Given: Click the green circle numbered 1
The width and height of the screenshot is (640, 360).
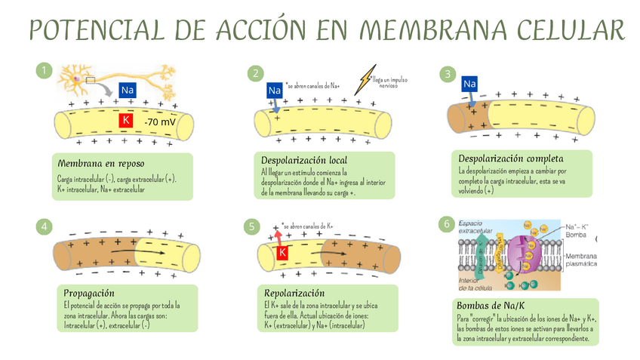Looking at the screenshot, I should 45,71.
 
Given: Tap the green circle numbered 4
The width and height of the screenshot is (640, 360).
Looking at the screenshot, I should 45,226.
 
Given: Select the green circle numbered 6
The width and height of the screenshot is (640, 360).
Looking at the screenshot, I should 447,223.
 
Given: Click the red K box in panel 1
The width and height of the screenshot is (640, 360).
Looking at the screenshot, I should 126,121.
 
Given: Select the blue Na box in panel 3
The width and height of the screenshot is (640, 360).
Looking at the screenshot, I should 469,83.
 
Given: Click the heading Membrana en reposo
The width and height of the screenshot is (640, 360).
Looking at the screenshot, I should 100,163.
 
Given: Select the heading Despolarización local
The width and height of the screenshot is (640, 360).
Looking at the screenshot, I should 304,160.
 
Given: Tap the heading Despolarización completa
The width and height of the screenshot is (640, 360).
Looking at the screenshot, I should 511,158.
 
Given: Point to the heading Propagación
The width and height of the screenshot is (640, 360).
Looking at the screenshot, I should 89,292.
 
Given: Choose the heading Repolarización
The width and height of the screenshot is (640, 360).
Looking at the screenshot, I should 294,293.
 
